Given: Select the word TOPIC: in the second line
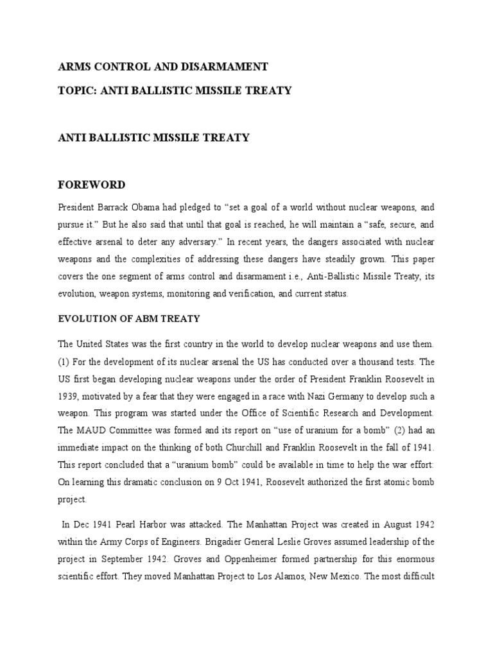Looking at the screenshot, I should point(75,90).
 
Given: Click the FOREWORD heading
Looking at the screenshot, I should point(92,185).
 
